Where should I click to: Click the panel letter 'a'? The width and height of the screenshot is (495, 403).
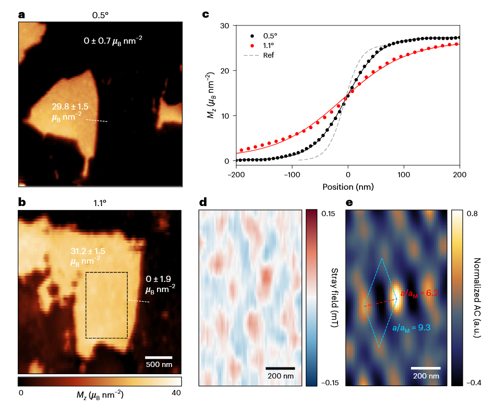(21, 14)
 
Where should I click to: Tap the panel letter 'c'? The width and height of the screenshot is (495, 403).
(205, 14)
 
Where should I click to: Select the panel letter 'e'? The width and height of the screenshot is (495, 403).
(350, 202)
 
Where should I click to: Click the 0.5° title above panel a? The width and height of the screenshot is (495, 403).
(100, 15)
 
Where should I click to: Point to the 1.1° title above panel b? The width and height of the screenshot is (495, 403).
(100, 203)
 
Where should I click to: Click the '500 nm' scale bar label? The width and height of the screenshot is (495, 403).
(159, 365)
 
